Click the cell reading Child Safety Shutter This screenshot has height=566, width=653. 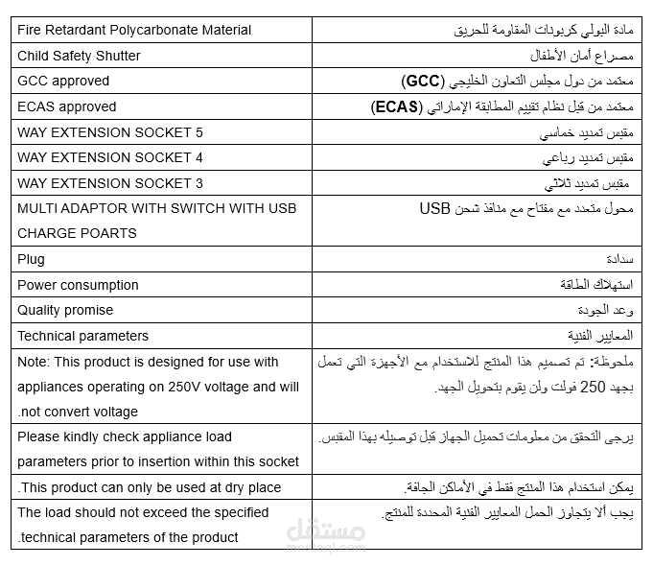click(x=79, y=56)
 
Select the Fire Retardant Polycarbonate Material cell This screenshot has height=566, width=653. click(x=134, y=30)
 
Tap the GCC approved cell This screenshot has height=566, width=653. click(x=63, y=81)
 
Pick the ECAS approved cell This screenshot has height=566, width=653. click(x=66, y=106)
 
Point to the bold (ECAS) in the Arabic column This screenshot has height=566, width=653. click(x=395, y=107)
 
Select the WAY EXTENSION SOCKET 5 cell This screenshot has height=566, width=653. click(x=110, y=131)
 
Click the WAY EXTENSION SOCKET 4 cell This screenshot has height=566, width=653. click(x=110, y=157)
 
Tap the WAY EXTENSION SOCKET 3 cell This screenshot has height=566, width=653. click(x=110, y=183)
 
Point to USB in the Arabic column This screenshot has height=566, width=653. click(x=433, y=208)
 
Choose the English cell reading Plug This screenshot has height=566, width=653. click(x=31, y=259)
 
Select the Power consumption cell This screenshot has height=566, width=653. click(x=78, y=285)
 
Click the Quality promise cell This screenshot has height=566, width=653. click(x=65, y=310)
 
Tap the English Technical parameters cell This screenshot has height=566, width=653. click(x=82, y=336)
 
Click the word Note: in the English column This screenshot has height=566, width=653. click(x=34, y=362)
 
